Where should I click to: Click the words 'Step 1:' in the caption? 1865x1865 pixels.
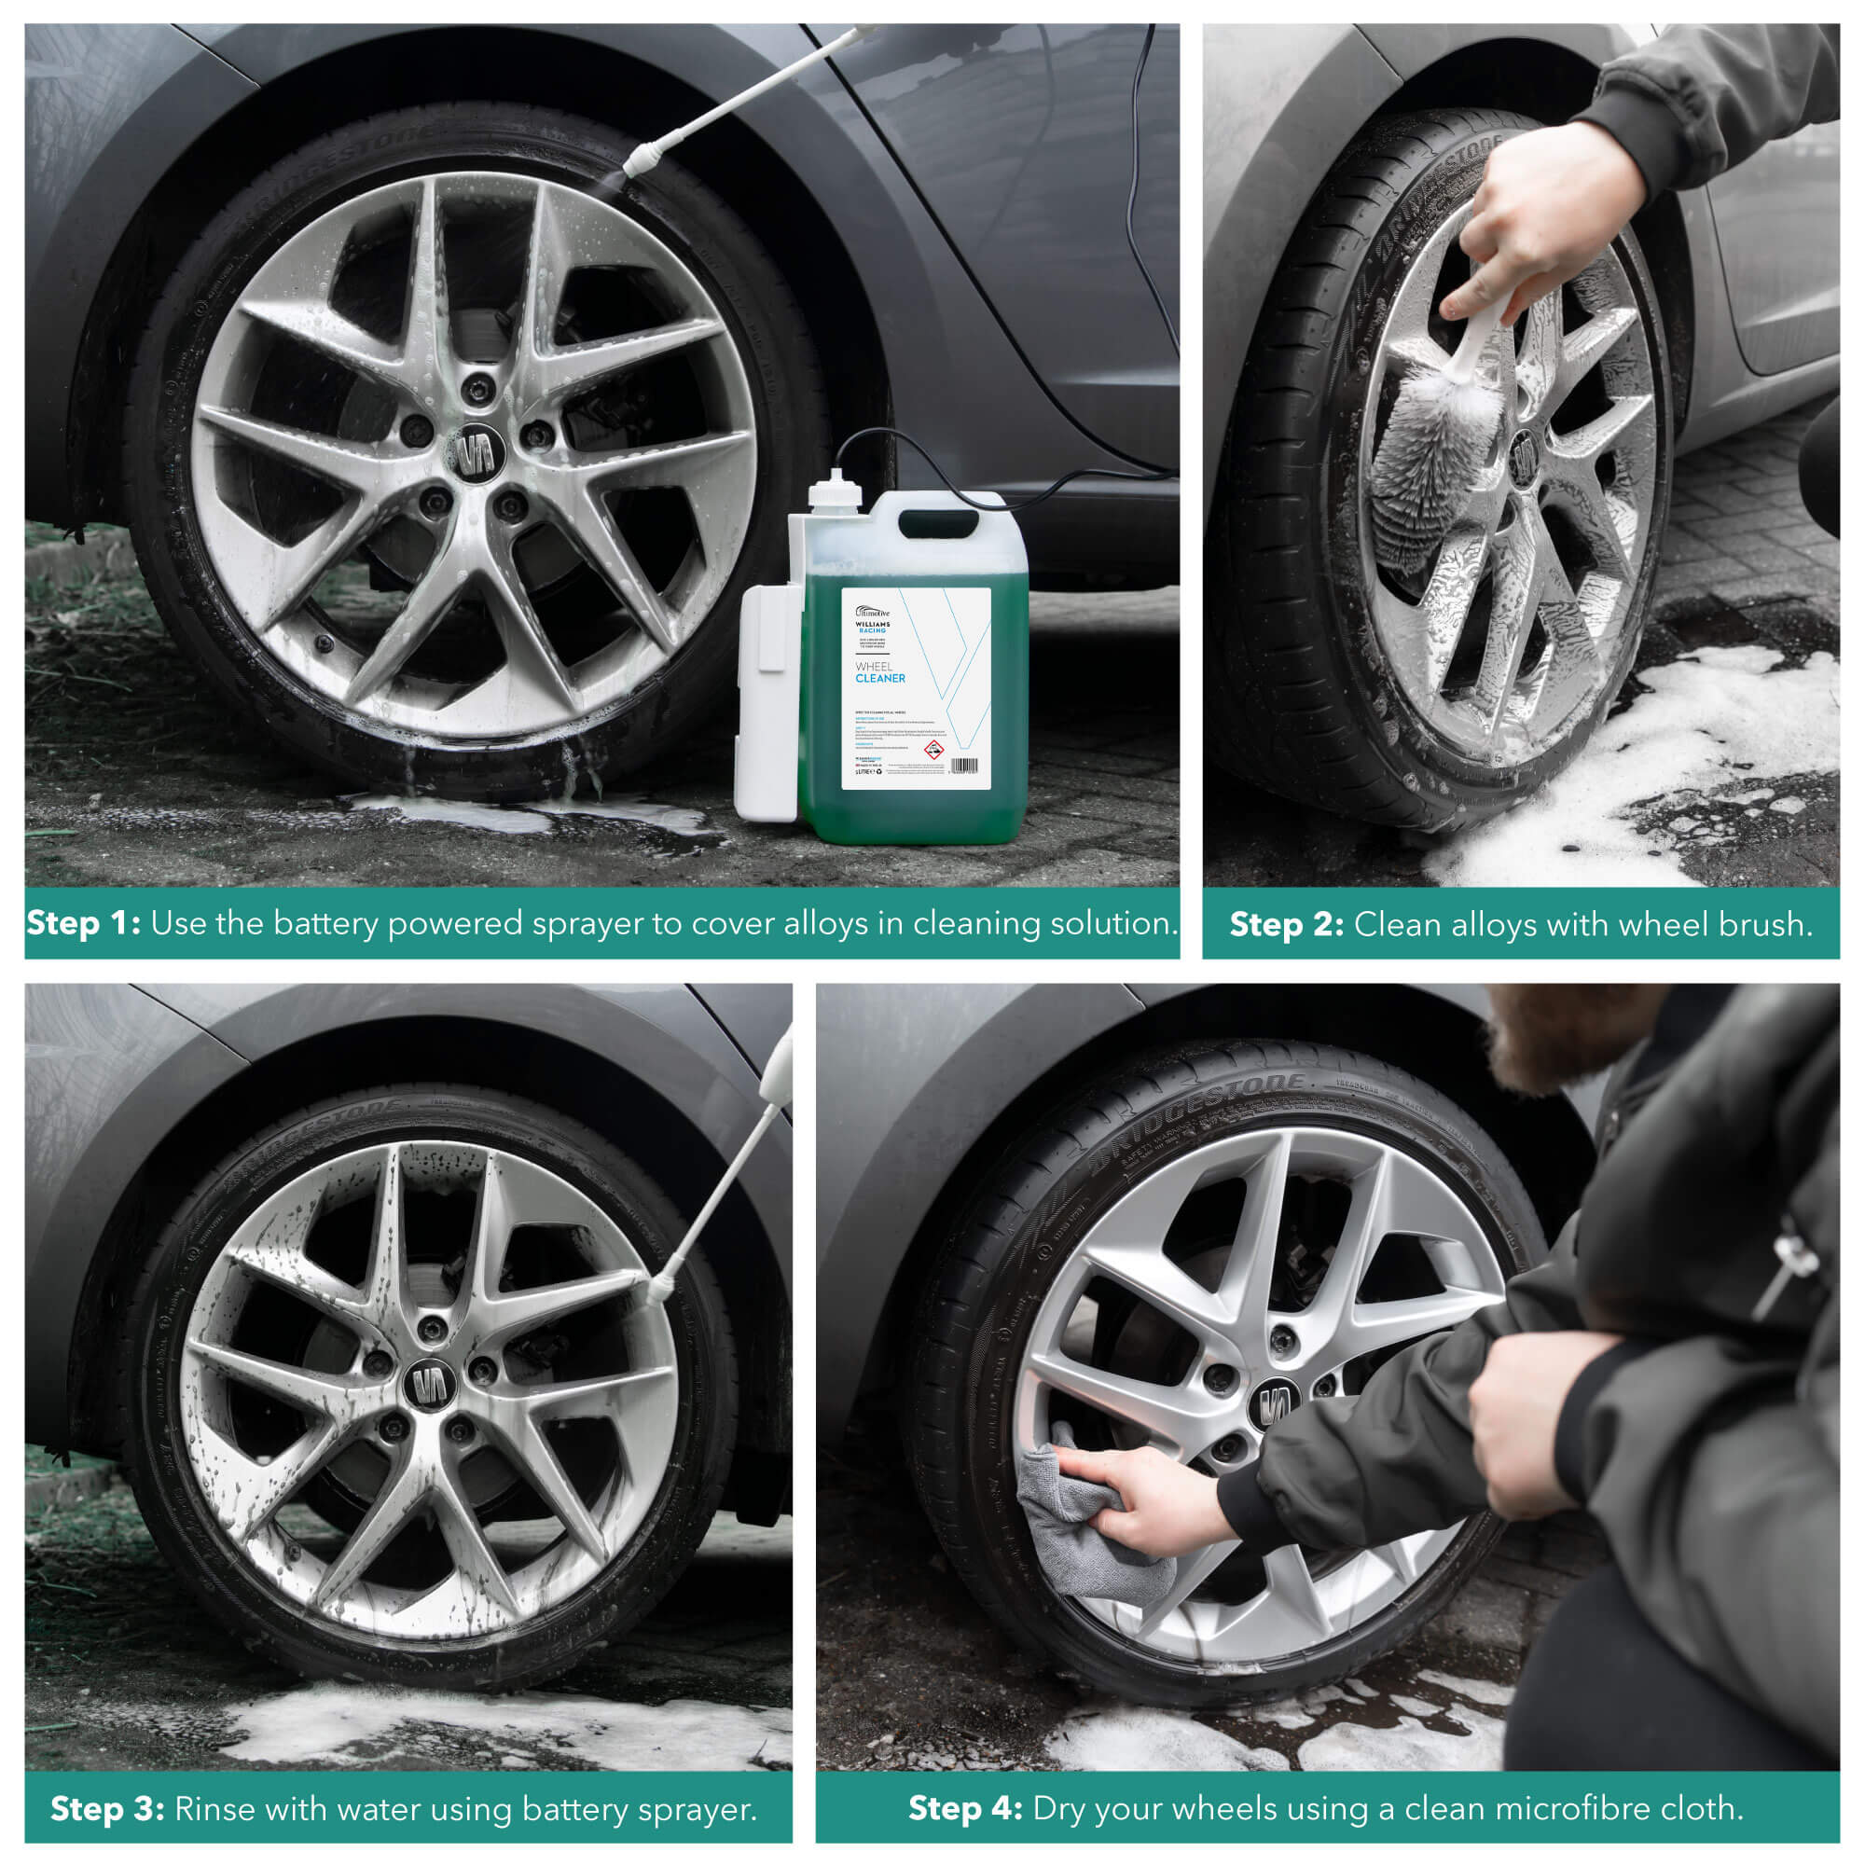(83, 924)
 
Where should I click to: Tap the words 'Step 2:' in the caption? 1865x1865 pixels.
(1286, 925)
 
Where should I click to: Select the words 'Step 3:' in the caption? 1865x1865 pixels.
(107, 1809)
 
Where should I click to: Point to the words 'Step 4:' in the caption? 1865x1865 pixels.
(965, 1808)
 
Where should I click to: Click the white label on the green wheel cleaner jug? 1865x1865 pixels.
(915, 687)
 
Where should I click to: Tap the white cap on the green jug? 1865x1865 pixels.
(834, 490)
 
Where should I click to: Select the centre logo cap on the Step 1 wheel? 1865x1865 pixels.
(475, 451)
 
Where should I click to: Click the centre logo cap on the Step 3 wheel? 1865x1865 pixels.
(429, 1384)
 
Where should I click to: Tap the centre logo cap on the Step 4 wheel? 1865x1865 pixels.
(1274, 1402)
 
